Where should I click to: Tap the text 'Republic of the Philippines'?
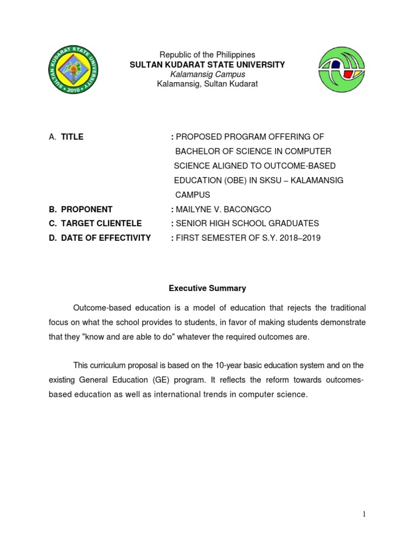207,55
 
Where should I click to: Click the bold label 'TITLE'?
72,137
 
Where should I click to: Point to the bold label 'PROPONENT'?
86,209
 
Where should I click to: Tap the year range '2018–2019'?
301,238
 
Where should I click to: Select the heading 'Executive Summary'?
207,288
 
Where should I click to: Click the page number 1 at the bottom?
364,514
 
